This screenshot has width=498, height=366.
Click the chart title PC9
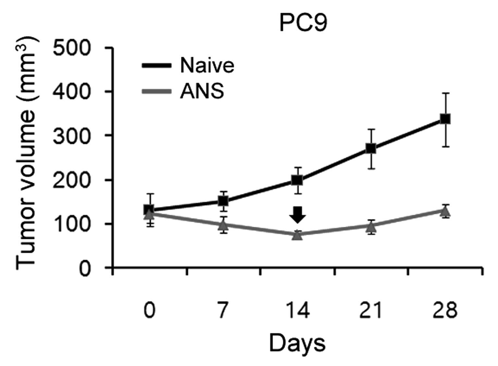(x=303, y=23)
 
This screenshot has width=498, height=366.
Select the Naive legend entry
(x=188, y=65)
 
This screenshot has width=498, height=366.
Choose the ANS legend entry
(x=183, y=91)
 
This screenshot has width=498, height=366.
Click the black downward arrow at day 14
(x=298, y=215)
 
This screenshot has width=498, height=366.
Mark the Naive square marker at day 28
(x=445, y=119)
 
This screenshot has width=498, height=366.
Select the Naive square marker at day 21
(x=371, y=149)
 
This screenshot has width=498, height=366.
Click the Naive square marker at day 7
(x=223, y=201)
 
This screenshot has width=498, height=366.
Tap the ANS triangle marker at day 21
(x=371, y=226)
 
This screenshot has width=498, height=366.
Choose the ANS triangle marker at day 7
(x=223, y=225)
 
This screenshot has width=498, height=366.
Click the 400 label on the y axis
(x=72, y=91)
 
